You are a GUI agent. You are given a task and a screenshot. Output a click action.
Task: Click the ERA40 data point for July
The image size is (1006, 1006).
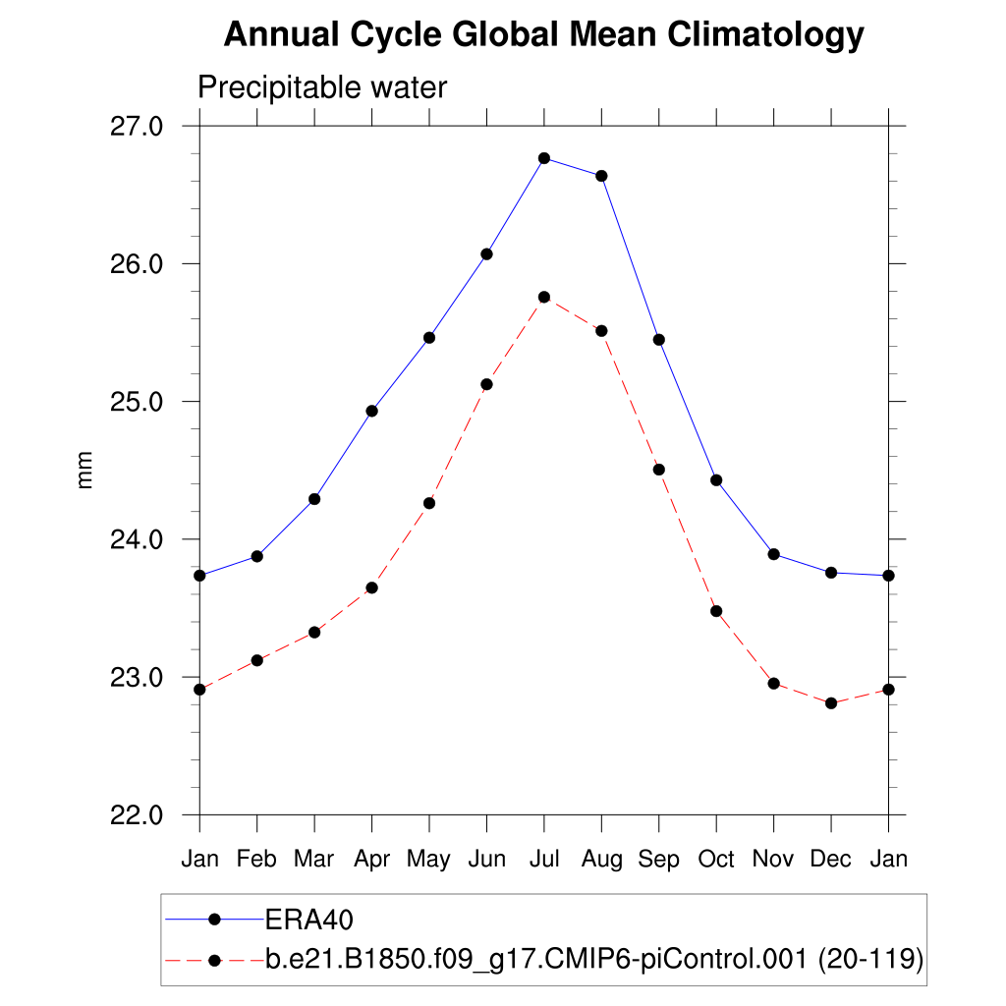coord(544,158)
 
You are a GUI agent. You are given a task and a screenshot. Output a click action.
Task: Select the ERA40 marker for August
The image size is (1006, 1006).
coord(601,176)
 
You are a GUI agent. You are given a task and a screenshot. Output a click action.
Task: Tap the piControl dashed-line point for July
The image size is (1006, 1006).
coord(544,297)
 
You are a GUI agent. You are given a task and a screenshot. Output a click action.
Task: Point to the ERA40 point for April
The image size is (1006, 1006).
coord(371,411)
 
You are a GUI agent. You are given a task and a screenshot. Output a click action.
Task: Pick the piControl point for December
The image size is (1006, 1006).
coord(831,703)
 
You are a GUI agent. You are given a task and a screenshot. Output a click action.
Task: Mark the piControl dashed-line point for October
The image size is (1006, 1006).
coord(716,611)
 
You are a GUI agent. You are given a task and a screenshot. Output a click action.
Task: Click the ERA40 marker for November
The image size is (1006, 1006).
coord(774,554)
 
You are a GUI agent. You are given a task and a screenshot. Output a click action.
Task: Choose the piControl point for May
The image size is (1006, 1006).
coord(429,503)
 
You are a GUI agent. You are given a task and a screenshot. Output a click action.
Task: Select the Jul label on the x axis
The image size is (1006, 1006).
coord(544,860)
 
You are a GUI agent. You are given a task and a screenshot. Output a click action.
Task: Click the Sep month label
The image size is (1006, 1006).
coord(659,860)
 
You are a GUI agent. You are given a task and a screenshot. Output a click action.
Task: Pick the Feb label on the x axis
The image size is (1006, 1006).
coord(256,860)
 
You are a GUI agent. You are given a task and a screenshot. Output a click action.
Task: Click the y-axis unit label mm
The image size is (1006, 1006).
coord(85,471)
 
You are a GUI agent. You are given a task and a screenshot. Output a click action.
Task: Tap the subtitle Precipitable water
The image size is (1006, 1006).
coord(322,88)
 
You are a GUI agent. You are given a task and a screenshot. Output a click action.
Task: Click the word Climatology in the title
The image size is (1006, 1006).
coord(766,36)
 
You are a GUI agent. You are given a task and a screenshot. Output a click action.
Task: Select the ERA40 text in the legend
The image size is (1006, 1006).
coord(309,920)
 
